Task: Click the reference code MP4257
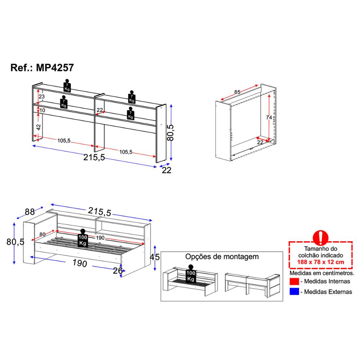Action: [55, 68]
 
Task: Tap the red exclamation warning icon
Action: [320, 238]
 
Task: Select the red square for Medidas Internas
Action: [294, 282]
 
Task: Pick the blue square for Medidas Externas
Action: [294, 292]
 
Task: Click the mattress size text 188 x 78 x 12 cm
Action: [320, 262]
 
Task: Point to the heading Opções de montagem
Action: [222, 257]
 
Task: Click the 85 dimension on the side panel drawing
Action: [237, 92]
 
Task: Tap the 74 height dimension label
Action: [269, 118]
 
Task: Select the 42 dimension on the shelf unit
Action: [39, 127]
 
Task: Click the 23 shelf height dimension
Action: [41, 96]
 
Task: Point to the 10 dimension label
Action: [42, 111]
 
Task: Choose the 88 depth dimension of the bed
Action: [30, 212]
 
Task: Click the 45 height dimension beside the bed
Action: [154, 257]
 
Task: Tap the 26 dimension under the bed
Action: [118, 271]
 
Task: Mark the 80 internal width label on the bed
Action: [42, 234]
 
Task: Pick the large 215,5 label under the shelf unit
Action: [94, 158]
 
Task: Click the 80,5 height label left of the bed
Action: [15, 242]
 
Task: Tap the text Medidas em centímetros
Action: [321, 273]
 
